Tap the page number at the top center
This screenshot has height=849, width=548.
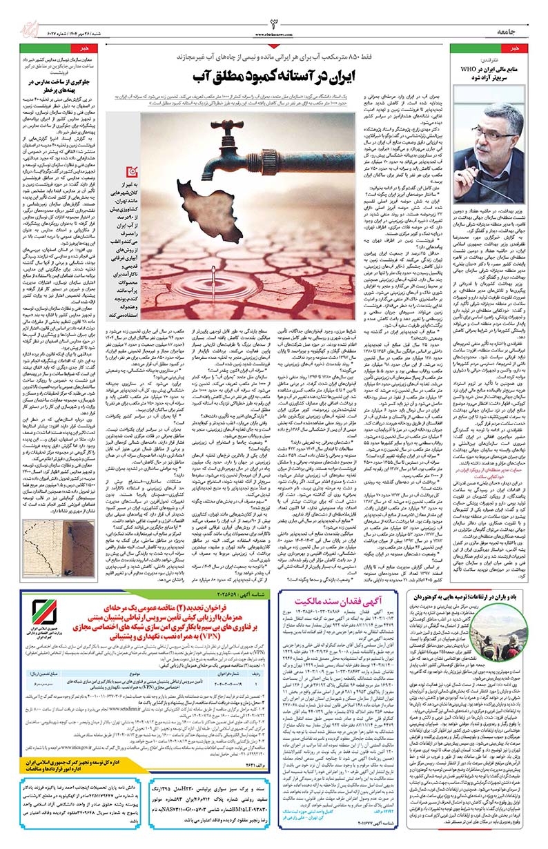(273, 15)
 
